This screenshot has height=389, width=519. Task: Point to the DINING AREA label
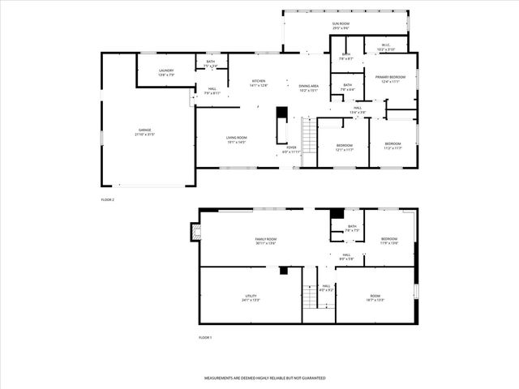[308, 88]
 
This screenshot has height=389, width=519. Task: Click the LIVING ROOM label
[236, 139]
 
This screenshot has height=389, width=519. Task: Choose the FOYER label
[291, 149]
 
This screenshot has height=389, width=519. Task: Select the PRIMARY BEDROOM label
[390, 79]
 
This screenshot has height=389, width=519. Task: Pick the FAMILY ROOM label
[266, 241]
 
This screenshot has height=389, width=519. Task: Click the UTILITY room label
[251, 298]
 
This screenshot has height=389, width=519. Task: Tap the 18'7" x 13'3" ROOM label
[375, 298]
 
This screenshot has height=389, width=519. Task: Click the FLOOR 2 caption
[108, 199]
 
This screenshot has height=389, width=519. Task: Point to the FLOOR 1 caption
[205, 336]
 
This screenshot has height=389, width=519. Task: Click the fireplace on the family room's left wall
[194, 233]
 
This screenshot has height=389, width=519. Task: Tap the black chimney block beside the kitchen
[282, 113]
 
